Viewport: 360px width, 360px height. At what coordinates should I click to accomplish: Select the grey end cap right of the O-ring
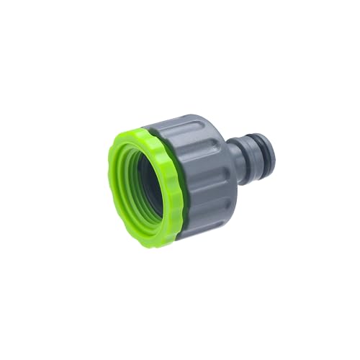click(266, 155)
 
